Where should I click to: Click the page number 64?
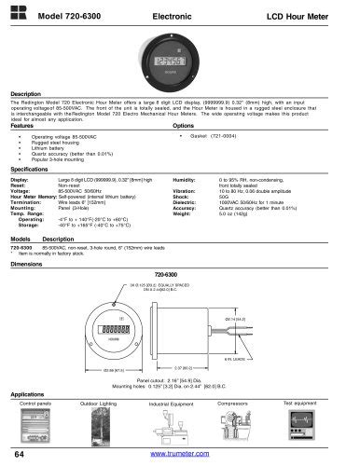(21, 453)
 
